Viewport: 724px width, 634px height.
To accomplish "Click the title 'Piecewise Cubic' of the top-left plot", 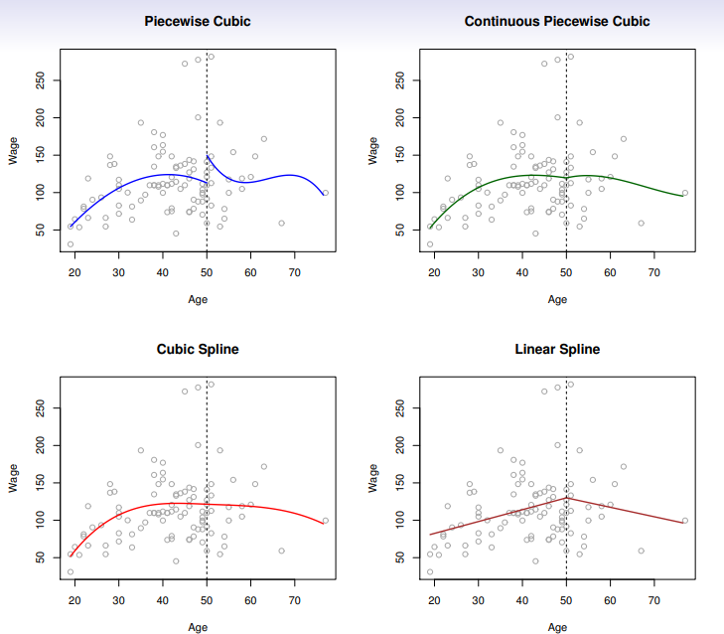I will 198,21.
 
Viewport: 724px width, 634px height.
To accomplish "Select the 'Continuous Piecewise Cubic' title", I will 557,21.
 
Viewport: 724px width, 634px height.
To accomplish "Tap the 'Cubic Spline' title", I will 198,350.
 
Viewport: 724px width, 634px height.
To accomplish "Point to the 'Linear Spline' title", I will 557,350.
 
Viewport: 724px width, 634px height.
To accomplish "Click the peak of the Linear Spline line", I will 566,497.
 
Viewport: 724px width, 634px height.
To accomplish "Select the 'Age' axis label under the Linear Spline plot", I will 557,627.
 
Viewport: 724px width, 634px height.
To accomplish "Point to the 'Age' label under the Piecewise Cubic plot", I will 198,298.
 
